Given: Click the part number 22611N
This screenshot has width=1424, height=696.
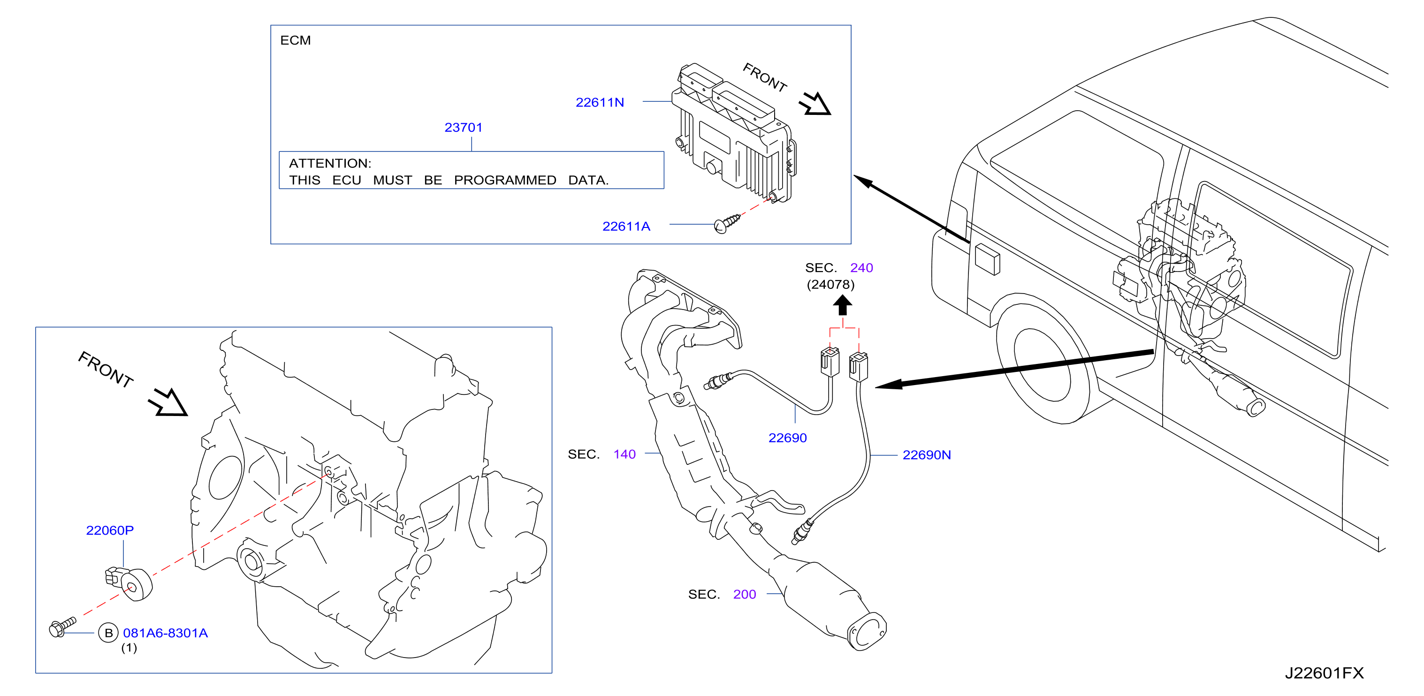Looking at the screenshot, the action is point(600,102).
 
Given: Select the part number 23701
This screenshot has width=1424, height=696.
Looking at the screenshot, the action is point(463,128).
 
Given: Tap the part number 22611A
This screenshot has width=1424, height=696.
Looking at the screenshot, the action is point(626,227).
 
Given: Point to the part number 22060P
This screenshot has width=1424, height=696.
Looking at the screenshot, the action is point(110,530).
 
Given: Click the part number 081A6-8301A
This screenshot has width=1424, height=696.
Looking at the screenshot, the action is point(165,633).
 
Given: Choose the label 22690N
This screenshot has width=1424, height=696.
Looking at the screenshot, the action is point(927,454).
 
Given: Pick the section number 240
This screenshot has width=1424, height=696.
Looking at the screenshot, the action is point(861,268).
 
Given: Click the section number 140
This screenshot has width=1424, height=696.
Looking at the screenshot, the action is point(624,454).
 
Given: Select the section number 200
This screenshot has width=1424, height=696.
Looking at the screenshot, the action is point(745,594).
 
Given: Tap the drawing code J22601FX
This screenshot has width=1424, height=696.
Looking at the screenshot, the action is point(1324,673).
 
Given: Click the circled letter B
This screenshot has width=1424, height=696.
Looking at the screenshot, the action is point(108,633).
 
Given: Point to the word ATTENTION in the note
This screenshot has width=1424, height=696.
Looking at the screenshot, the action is point(330,164).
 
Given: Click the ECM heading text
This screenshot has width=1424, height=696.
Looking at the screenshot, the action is point(295,40).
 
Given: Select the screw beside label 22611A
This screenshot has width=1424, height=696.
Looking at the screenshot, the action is point(726,224).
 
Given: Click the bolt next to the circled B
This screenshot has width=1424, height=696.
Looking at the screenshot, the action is point(62,628).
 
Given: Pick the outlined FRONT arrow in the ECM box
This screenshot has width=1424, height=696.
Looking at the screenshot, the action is point(815,104).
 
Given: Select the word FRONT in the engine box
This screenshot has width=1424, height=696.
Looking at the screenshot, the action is point(106,370).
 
